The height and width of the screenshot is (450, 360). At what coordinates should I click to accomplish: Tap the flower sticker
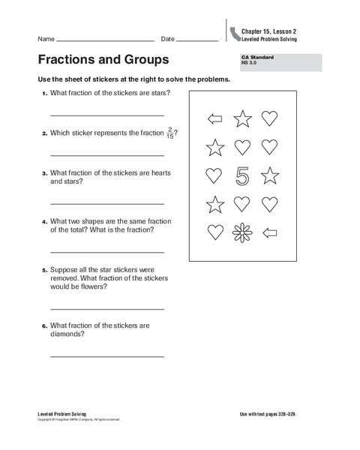pos(242,232)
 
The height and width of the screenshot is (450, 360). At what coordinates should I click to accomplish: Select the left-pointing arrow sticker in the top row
pos(214,118)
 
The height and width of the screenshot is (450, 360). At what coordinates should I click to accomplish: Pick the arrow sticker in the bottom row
pos(268,232)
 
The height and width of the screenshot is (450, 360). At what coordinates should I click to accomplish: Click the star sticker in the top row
pos(242,118)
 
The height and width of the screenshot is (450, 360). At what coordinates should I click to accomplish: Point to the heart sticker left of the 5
pos(214,175)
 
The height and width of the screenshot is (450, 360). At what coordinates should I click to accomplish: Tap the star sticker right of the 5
pos(269,175)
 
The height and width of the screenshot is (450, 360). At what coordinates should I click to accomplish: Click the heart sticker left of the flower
pos(215,232)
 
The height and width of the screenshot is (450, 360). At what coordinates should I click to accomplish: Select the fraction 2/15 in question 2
pos(169,133)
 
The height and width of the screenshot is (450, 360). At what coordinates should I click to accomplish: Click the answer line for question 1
pos(106,115)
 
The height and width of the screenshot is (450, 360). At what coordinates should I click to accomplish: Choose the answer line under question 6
pos(106,353)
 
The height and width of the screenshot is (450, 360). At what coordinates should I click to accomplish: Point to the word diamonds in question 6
pos(67,334)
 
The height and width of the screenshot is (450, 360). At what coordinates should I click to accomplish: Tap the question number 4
pos(44,222)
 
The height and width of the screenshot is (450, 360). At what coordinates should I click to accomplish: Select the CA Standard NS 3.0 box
pos(278,62)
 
